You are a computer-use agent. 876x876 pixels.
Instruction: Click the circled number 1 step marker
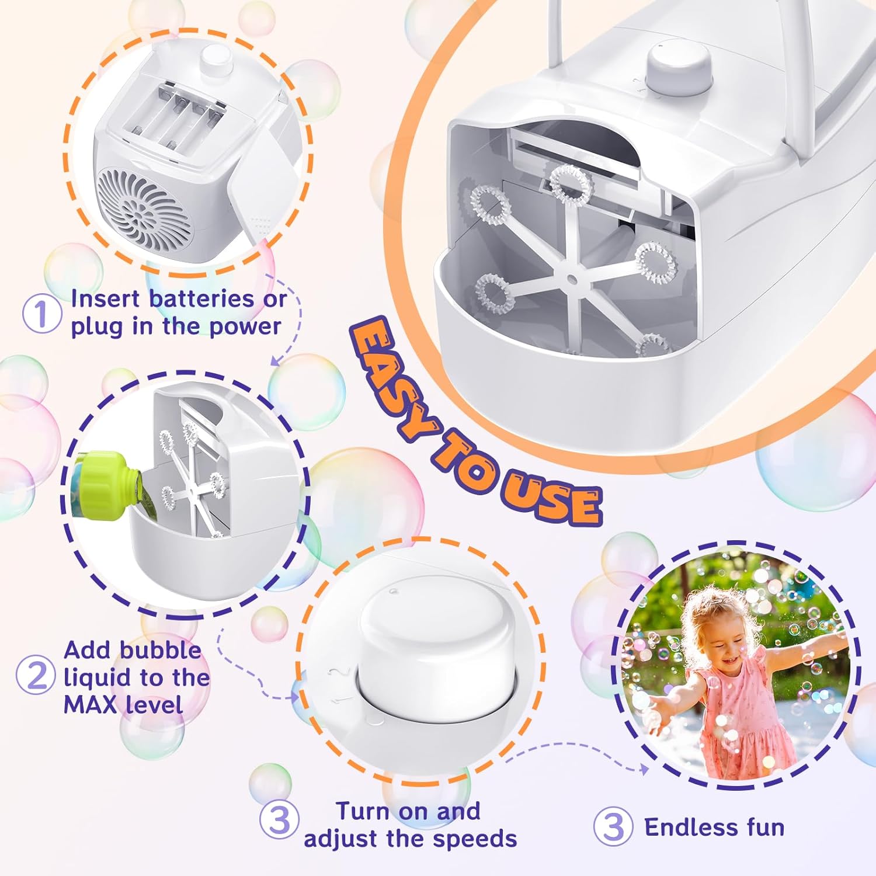[42, 313]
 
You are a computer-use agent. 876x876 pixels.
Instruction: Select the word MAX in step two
[90, 704]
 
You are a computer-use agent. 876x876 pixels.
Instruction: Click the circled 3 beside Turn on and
[280, 819]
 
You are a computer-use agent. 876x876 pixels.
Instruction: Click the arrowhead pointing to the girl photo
[644, 769]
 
